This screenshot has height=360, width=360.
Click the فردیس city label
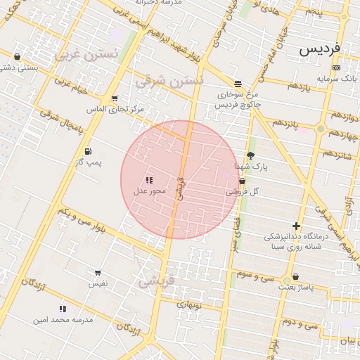[319, 50]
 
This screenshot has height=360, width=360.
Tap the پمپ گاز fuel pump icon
[87, 151]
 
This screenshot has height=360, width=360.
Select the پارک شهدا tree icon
[251, 156]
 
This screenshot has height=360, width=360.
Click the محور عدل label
[149, 191]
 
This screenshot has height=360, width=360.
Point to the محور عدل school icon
[149, 180]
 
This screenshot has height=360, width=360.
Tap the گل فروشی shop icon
[243, 181]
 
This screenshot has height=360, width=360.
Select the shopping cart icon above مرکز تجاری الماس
[115, 98]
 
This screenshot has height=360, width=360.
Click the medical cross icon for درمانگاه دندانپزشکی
[296, 226]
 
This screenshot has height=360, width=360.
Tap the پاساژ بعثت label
[295, 287]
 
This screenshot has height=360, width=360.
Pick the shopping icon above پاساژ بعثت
[295, 276]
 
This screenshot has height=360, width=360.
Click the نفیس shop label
[97, 283]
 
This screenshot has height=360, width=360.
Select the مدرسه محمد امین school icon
[63, 308]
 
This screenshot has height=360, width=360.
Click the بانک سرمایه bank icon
[336, 68]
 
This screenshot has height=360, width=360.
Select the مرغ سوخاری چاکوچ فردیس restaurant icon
[238, 83]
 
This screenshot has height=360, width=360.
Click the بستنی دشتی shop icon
[18, 56]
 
